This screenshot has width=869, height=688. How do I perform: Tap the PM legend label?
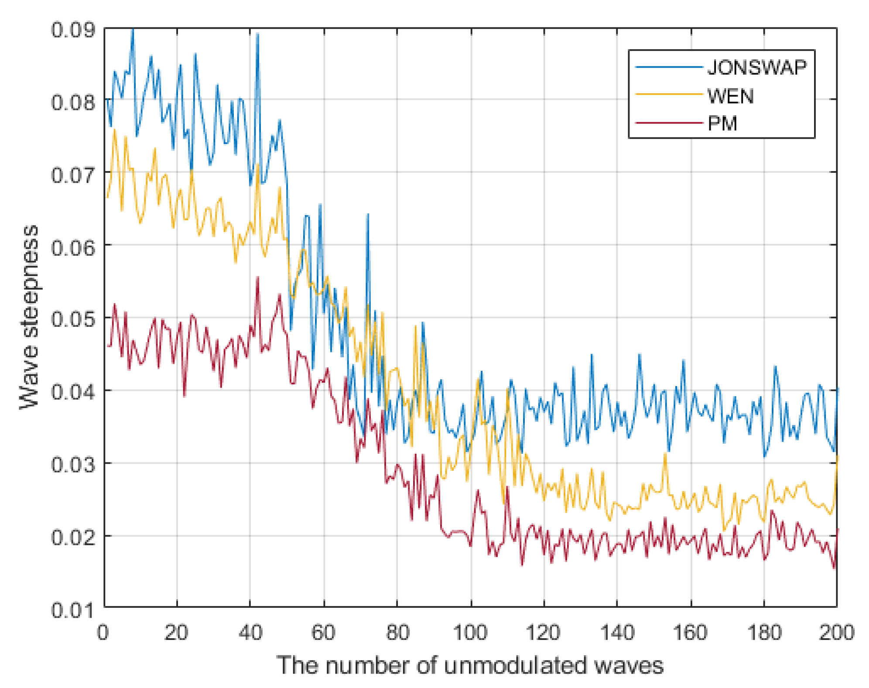(x=722, y=123)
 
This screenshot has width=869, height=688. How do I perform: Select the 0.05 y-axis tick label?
(x=72, y=319)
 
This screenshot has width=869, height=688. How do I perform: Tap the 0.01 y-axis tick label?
(x=72, y=609)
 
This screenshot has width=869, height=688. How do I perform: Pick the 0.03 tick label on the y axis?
(x=72, y=464)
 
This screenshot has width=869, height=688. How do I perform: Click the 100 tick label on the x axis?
(x=470, y=632)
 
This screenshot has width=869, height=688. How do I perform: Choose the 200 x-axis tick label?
(x=836, y=632)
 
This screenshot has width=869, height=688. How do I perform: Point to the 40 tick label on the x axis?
(x=250, y=632)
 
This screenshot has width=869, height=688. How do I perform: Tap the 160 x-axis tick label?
(x=690, y=632)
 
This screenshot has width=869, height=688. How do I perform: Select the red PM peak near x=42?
(x=257, y=278)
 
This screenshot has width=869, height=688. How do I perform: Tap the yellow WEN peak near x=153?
(x=665, y=455)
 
